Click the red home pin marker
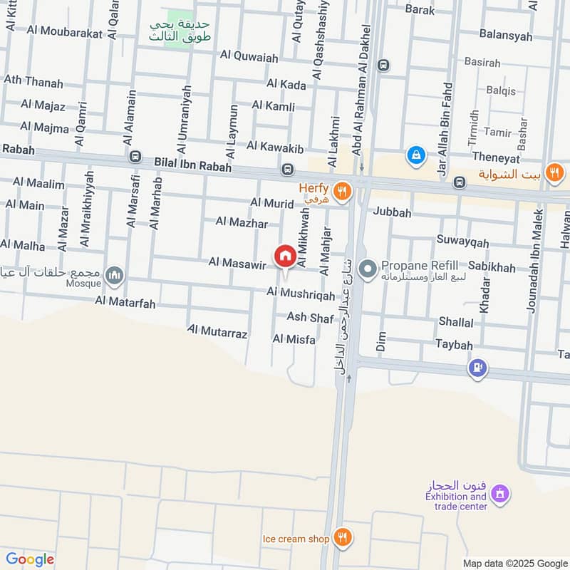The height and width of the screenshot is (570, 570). click(x=286, y=256)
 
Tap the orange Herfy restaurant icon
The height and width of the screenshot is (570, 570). click(x=343, y=190)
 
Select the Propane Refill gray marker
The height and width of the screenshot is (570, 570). click(x=368, y=269)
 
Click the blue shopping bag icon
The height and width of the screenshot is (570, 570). click(x=415, y=153)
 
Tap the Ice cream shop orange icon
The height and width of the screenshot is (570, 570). click(x=343, y=538)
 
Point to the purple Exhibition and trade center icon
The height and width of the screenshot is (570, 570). click(x=501, y=492)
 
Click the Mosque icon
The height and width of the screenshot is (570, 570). click(x=114, y=274)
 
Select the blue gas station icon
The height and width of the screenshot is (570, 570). click(x=477, y=368)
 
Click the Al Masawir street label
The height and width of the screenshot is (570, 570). click(x=237, y=263)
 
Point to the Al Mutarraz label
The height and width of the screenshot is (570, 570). click(x=217, y=331)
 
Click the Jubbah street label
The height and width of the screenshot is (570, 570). click(x=392, y=212)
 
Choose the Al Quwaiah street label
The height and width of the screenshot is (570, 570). click(x=249, y=55)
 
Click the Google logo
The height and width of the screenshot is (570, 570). click(x=30, y=559)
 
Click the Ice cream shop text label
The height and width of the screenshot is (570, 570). click(x=296, y=539)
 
